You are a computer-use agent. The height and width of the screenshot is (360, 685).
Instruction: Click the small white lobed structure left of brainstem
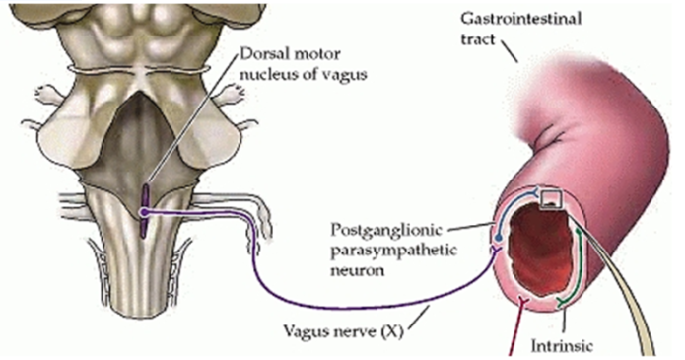tap(43, 94)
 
